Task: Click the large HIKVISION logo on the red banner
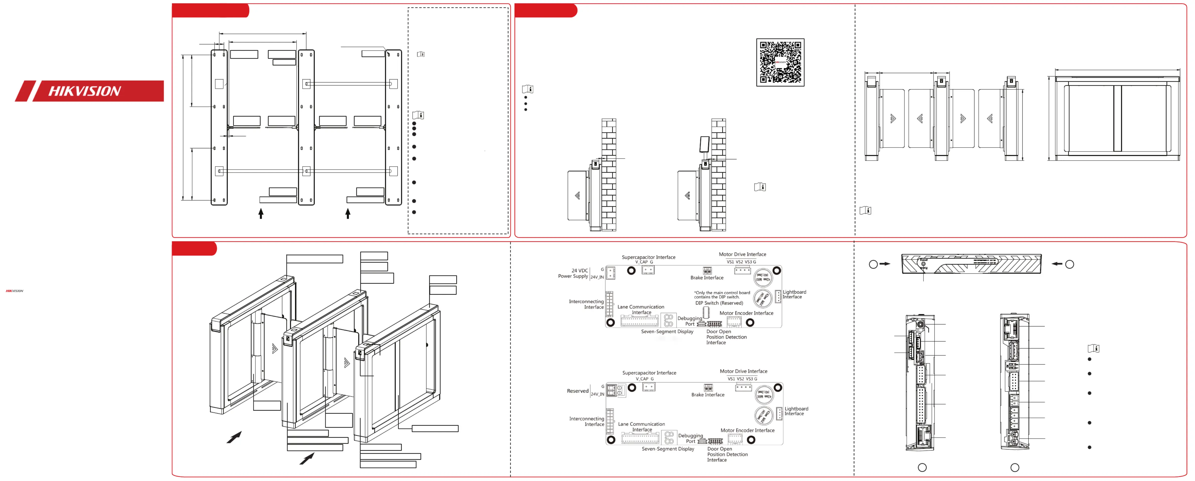[x=85, y=91]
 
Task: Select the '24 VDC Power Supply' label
[x=573, y=273]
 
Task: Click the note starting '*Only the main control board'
[x=722, y=295]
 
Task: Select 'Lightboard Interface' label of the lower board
[x=796, y=411]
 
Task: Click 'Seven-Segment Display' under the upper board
[x=667, y=331]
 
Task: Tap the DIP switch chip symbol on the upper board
[x=706, y=312]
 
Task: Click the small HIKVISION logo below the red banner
[x=14, y=291]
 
